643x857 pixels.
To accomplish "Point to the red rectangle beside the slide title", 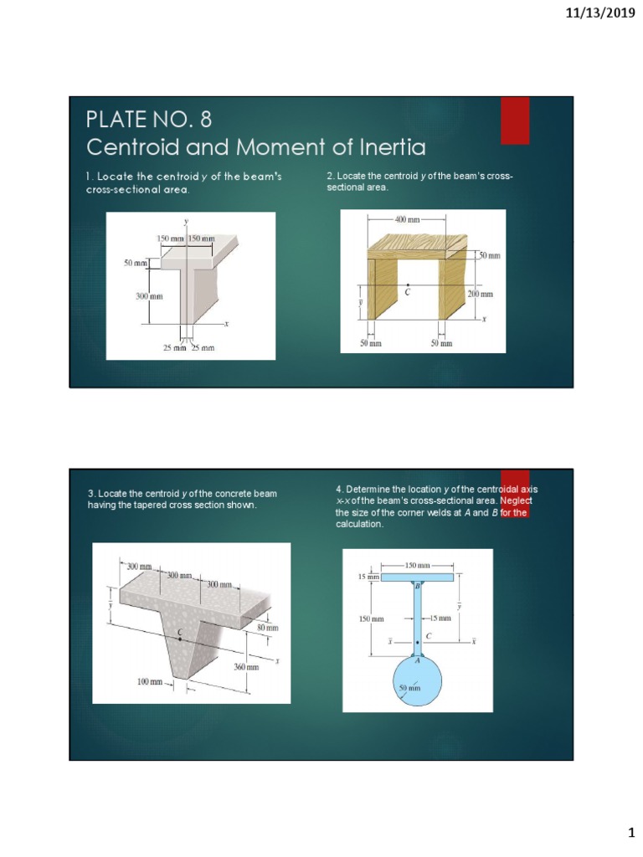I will (x=515, y=121).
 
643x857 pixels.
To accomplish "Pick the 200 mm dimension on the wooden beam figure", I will (x=481, y=294).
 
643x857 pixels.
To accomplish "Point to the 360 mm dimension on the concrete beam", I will (x=245, y=668).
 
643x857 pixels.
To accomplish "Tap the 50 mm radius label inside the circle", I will (x=409, y=688).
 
